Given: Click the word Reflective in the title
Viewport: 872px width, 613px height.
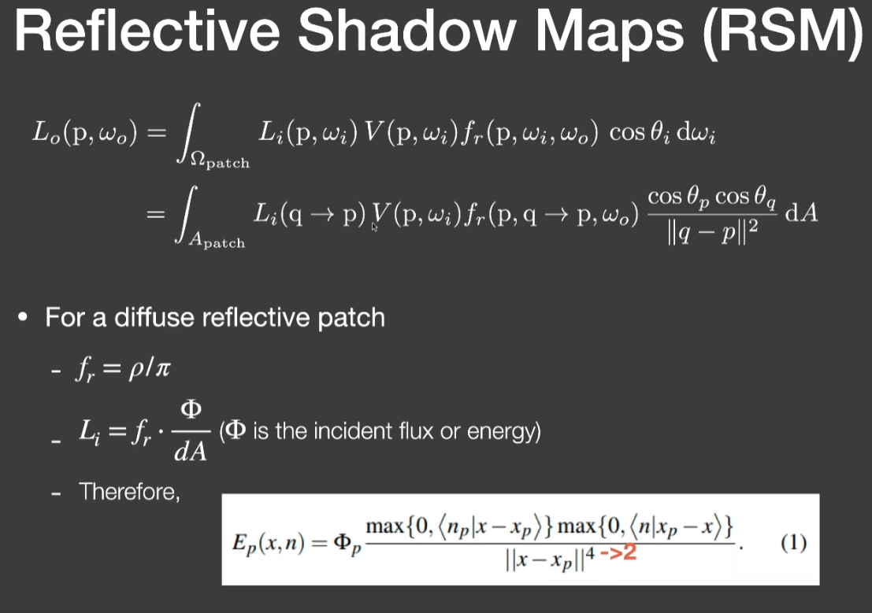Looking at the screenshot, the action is [x=147, y=31].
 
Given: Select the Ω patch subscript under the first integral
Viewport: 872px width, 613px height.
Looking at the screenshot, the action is [x=220, y=161].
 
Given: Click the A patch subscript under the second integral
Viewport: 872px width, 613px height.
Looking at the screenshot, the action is [x=217, y=241].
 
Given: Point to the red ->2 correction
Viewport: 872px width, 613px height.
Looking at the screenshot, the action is [x=618, y=552].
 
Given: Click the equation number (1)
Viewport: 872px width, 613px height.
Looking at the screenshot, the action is [x=794, y=542].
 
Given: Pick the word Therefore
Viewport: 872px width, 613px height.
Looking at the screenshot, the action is [x=129, y=491].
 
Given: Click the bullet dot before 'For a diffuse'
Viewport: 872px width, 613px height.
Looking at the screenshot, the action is [x=22, y=317].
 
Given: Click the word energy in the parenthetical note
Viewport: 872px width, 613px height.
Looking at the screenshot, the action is [x=500, y=432].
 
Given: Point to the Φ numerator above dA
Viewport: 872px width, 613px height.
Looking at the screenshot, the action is [x=191, y=410].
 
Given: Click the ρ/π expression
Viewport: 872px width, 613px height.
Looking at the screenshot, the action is [x=150, y=367].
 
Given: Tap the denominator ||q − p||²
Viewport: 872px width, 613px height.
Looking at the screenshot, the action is [x=712, y=232].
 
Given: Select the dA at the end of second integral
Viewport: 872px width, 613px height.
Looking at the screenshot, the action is [x=801, y=212].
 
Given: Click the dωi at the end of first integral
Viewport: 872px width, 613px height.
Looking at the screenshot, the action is [x=695, y=134].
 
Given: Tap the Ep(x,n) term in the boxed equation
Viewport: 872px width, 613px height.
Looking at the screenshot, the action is [x=268, y=543].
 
